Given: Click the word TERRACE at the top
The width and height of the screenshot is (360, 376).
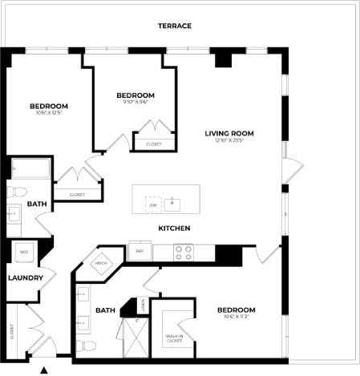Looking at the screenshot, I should click(x=174, y=26).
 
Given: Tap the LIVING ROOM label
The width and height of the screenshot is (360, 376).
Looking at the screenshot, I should click(x=229, y=133).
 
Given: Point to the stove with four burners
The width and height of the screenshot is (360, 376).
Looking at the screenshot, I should click(x=184, y=252).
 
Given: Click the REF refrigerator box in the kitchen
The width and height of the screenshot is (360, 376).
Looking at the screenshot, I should click(x=139, y=252).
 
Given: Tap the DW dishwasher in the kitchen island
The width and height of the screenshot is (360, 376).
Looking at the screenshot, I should click(x=152, y=205).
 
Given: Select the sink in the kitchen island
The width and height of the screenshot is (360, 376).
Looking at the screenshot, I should click(x=172, y=204).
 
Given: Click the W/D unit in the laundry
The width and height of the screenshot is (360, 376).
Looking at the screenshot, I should click(x=24, y=253).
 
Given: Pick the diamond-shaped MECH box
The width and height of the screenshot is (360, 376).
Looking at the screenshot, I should click(x=102, y=263).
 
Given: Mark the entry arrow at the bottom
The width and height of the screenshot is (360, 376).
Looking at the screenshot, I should click(x=44, y=370).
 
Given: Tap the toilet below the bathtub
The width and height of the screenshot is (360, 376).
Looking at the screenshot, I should click(x=17, y=192).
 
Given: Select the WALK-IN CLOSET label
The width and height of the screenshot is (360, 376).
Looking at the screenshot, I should click(x=174, y=338).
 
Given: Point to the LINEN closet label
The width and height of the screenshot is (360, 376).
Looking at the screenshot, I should click(x=143, y=305).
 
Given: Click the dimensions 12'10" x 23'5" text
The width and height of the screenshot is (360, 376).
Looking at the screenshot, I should click(x=229, y=141).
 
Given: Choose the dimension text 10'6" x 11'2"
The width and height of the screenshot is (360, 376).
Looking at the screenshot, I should click(x=235, y=317).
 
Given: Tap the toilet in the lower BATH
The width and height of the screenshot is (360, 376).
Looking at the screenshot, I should click(x=88, y=346).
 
